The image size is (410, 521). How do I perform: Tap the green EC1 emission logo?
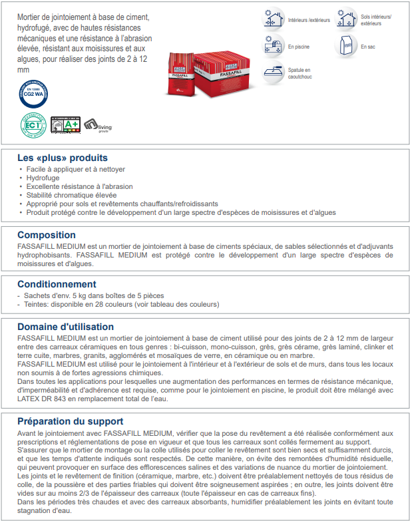pyautogui.click(x=35, y=124)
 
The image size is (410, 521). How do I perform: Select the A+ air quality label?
pyautogui.click(x=65, y=124)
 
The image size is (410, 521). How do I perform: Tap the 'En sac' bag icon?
pyautogui.click(x=347, y=46)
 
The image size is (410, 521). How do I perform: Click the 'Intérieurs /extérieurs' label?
pyautogui.click(x=309, y=20)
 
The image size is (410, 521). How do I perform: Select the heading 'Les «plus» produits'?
pyautogui.click(x=63, y=158)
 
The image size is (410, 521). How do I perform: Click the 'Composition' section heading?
pyautogui.click(x=47, y=235)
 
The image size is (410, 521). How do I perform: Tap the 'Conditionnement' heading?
pyautogui.click(x=57, y=284)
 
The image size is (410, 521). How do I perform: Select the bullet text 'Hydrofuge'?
pyautogui.click(x=43, y=178)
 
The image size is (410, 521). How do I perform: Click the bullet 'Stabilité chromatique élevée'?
pyautogui.click(x=72, y=196)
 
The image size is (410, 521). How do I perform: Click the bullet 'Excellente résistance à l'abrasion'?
pyautogui.click(x=79, y=187)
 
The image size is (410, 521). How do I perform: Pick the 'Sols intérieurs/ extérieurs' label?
pyautogui.click(x=376, y=20)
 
